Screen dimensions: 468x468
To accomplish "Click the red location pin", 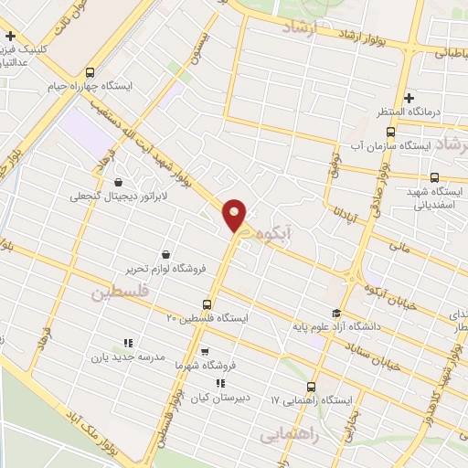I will tap(236, 214).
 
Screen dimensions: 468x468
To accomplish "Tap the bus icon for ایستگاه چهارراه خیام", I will tap(89, 73).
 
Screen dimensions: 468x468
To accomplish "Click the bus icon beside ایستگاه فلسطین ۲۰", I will tap(208, 305).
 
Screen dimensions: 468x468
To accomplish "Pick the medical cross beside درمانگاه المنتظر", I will tap(409, 98).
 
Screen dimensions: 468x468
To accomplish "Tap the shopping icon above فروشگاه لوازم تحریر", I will tap(165, 255).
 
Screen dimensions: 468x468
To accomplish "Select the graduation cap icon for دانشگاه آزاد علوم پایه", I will tap(336, 313).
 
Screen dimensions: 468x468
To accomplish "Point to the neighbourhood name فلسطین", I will tap(120, 293).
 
